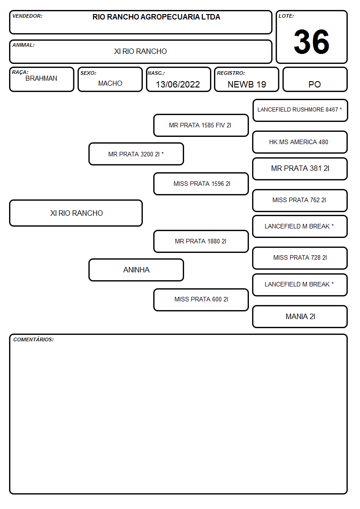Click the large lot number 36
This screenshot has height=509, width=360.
pos(311,42)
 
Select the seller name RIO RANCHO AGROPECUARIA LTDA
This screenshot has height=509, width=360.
pos(156,17)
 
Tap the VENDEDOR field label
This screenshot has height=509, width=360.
pos(27,16)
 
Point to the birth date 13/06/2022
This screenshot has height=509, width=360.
pos(178,84)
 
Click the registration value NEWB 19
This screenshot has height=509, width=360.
pos(247,84)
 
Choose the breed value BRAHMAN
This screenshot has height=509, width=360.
pos(41,78)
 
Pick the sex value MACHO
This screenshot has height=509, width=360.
pos(110,83)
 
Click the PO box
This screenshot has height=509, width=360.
pos(315,79)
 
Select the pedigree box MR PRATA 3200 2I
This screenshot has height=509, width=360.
pos(136,154)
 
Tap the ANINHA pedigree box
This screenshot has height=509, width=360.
pos(136,270)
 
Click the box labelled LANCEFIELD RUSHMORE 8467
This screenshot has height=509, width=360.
pos(300,111)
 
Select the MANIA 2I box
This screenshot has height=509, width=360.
pos(300,316)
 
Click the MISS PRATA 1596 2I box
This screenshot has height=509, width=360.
pos(201,184)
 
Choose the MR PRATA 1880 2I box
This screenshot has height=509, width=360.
pos(201,241)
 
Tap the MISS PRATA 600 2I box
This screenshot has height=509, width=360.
pos(201,300)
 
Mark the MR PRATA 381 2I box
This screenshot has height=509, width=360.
pos(300,169)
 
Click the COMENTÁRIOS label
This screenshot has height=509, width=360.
pos(34,339)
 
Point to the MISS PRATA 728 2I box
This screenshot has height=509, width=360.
pos(300,258)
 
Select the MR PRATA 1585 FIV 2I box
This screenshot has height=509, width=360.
pos(201,125)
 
